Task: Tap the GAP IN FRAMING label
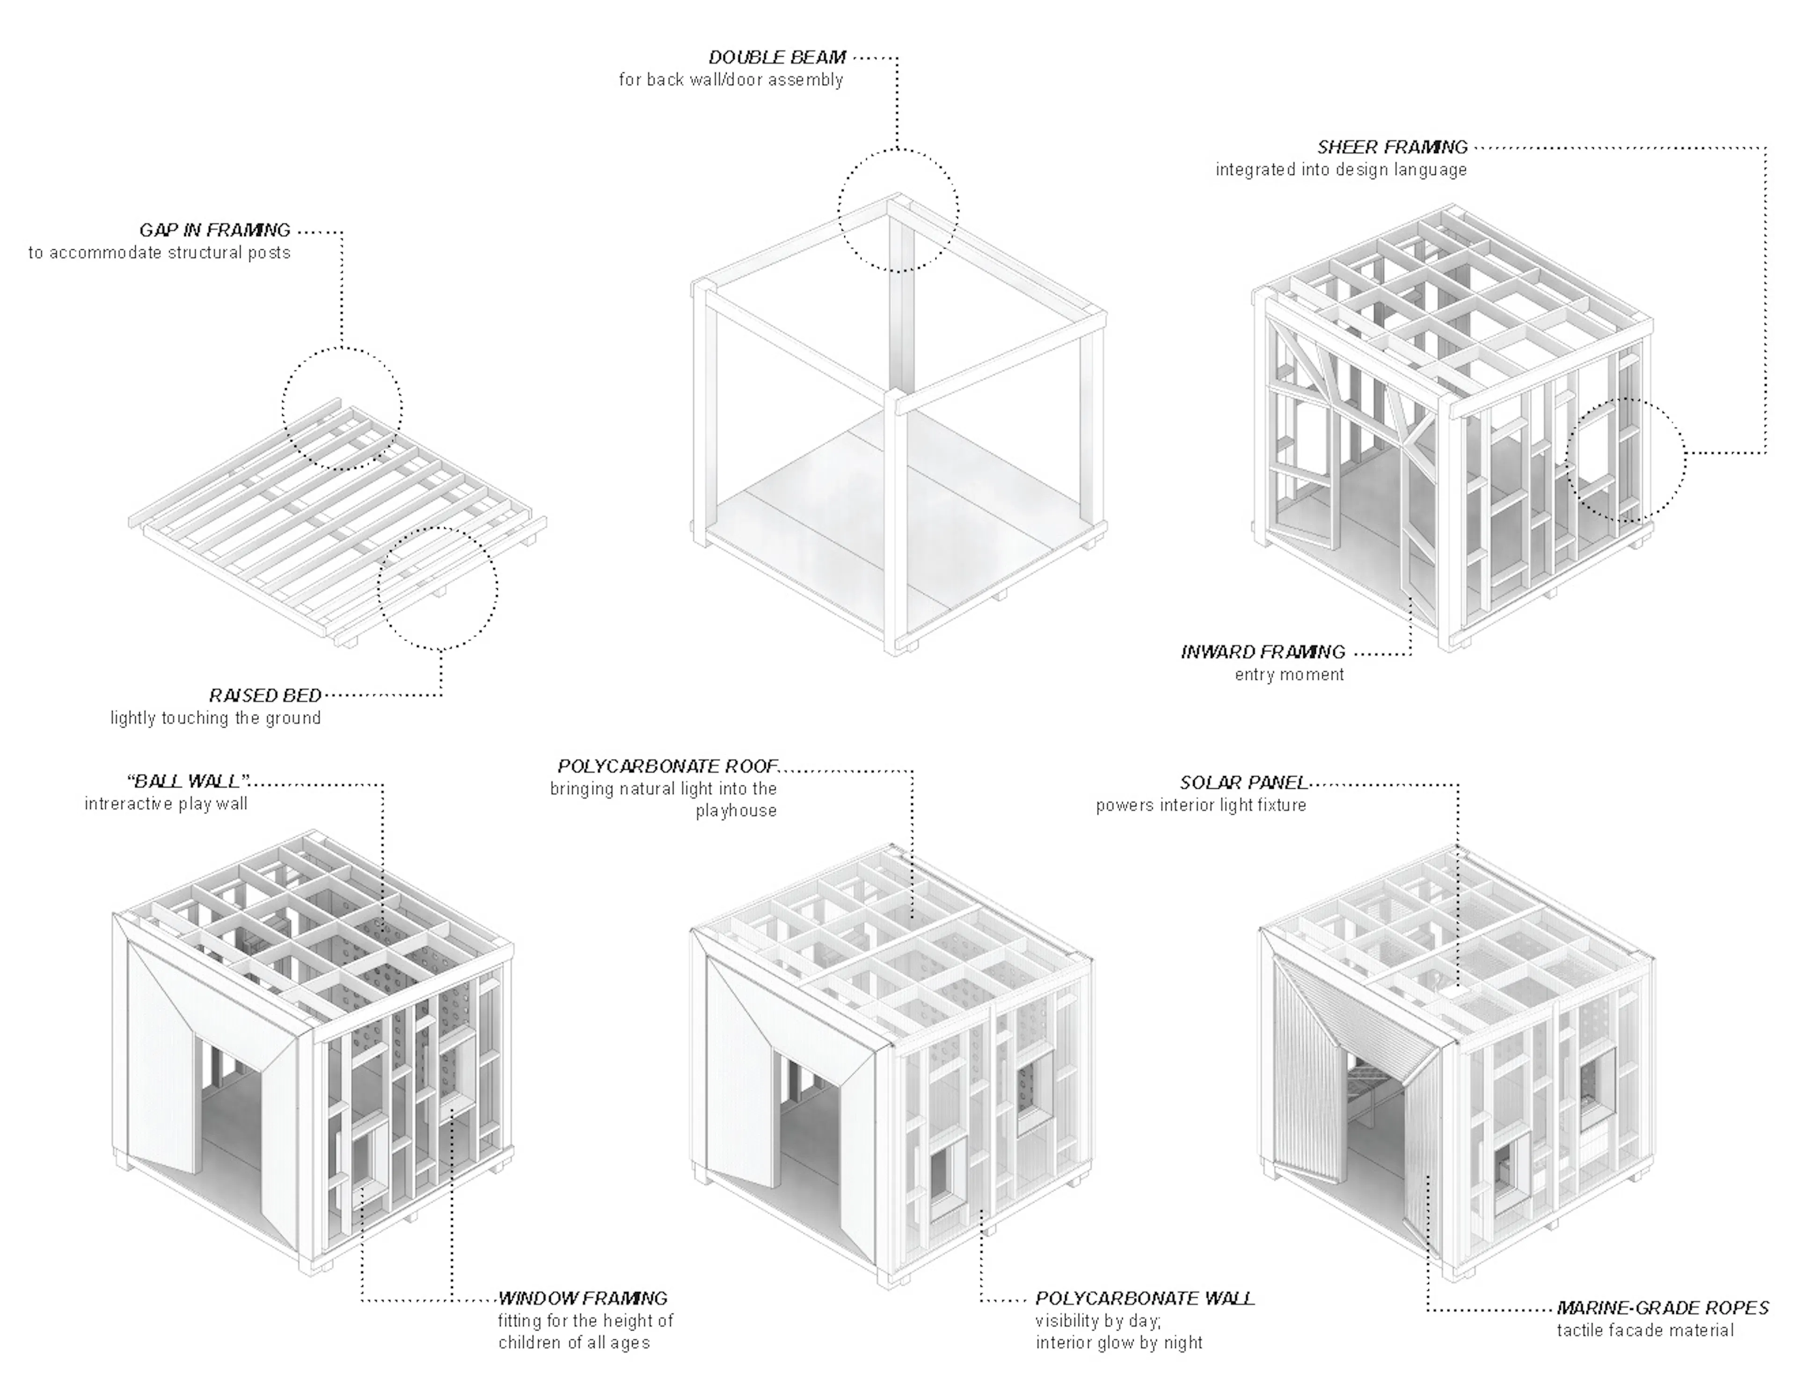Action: pyautogui.click(x=215, y=230)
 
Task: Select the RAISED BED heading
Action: pyautogui.click(x=265, y=695)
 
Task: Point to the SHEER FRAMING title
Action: pyautogui.click(x=1392, y=147)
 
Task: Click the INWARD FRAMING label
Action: pyautogui.click(x=1263, y=653)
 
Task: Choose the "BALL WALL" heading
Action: pyautogui.click(x=189, y=781)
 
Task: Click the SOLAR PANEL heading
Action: pyautogui.click(x=1243, y=783)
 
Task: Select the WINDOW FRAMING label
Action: pyautogui.click(x=583, y=1298)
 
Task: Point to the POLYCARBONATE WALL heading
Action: pyautogui.click(x=1145, y=1298)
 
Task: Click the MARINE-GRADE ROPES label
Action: pyautogui.click(x=1662, y=1308)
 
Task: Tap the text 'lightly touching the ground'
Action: pyautogui.click(x=216, y=718)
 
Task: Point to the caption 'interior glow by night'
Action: pyautogui.click(x=1119, y=1343)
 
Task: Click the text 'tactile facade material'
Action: pyautogui.click(x=1645, y=1330)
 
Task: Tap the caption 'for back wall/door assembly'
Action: pyautogui.click(x=730, y=80)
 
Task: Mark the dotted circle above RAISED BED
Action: pyautogui.click(x=438, y=589)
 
